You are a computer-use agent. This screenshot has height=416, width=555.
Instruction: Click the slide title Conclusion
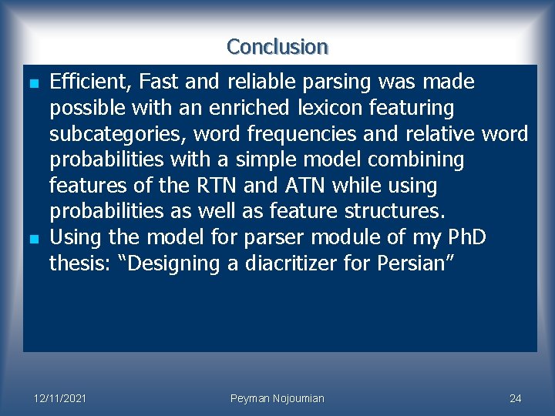click(x=277, y=47)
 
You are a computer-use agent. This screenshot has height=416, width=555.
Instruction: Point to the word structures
click(x=396, y=212)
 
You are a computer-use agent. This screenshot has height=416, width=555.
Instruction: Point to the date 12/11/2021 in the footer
click(x=59, y=398)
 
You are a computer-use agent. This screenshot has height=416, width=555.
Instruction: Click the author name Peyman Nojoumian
click(x=277, y=398)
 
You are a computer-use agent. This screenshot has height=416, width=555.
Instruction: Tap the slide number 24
click(x=516, y=398)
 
